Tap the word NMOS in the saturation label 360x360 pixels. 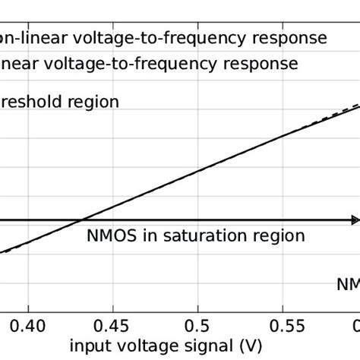click(112, 235)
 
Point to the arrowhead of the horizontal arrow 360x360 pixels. click(354, 220)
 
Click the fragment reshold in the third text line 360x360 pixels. click(30, 101)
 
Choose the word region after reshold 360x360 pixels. click(92, 101)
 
